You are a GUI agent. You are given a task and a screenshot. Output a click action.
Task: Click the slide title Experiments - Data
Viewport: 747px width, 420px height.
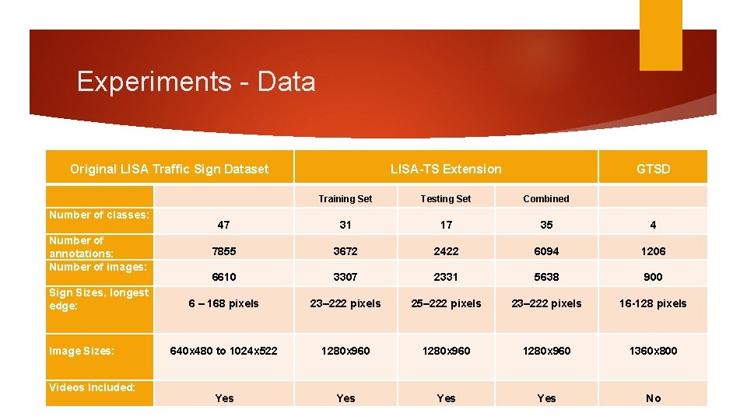(x=196, y=82)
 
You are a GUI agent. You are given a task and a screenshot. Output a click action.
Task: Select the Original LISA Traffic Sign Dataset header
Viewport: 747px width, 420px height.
(x=169, y=169)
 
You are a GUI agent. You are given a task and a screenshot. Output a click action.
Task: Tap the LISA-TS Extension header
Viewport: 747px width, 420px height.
(x=446, y=169)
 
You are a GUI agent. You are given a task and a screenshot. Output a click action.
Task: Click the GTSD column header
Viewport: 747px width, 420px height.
(x=653, y=169)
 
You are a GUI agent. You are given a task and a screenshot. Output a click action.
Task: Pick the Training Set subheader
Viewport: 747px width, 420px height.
(x=345, y=199)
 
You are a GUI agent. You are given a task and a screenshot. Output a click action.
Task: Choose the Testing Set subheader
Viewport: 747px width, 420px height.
(x=446, y=199)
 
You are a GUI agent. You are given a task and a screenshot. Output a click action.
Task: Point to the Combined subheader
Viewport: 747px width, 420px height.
(x=546, y=199)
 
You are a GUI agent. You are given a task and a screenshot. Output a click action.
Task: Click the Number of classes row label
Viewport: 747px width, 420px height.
(x=99, y=215)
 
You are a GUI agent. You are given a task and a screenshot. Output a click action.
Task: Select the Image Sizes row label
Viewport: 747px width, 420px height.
(x=82, y=351)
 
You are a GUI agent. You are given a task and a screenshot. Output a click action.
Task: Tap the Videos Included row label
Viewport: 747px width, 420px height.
(x=92, y=387)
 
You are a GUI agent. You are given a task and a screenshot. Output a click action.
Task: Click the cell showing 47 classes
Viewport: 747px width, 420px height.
(x=223, y=225)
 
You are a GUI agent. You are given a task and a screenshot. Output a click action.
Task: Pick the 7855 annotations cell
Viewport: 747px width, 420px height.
(x=223, y=251)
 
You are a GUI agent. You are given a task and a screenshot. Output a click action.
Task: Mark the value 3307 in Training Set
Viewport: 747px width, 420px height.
(x=345, y=277)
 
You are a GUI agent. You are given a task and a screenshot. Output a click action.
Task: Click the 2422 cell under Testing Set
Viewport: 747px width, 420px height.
(x=446, y=251)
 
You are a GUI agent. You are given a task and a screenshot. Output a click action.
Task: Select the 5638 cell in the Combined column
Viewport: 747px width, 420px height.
(x=546, y=277)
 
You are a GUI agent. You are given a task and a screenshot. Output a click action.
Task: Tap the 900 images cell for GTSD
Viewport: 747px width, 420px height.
(x=653, y=277)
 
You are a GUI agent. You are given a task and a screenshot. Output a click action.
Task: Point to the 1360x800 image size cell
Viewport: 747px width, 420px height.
(x=653, y=351)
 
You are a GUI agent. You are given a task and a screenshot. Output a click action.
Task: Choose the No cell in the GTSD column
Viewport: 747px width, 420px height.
(x=653, y=398)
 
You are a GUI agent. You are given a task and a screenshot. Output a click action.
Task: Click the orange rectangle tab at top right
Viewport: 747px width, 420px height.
(x=661, y=35)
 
